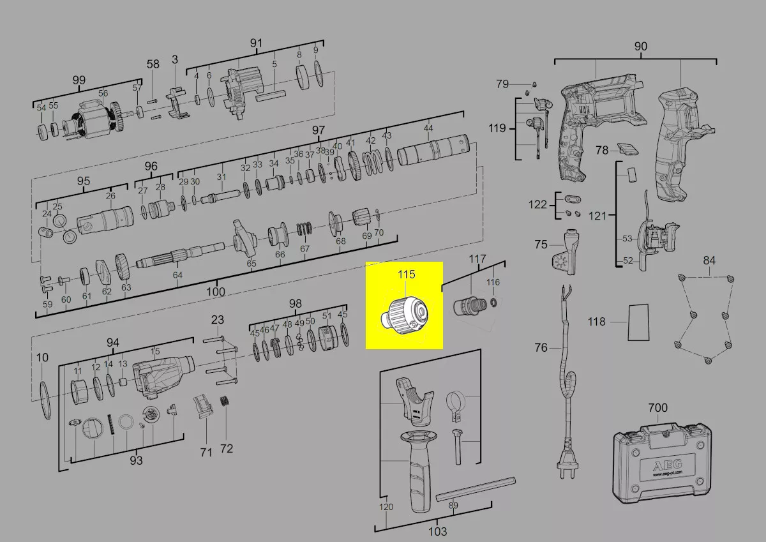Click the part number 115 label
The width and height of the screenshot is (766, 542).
(x=406, y=275)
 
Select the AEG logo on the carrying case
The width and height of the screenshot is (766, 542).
(x=668, y=465)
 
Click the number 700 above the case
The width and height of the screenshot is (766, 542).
(x=658, y=407)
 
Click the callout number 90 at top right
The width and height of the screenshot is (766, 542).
(x=640, y=47)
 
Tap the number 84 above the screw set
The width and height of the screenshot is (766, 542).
(x=709, y=260)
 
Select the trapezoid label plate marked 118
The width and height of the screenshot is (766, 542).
(x=638, y=322)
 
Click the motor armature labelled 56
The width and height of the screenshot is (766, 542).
(x=93, y=119)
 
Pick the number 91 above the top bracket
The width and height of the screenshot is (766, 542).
(x=256, y=43)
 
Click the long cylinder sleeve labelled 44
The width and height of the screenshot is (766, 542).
(x=433, y=151)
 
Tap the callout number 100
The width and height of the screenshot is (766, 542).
(x=216, y=292)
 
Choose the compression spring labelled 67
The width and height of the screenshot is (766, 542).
(x=304, y=229)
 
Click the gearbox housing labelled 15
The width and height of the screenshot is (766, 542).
(x=163, y=375)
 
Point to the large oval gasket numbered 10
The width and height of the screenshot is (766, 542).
(x=45, y=400)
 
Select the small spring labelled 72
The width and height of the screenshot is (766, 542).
(x=224, y=402)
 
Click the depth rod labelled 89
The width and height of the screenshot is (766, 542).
(x=476, y=489)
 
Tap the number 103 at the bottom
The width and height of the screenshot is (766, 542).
(x=438, y=532)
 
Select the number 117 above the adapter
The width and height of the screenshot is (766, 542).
(x=477, y=259)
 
